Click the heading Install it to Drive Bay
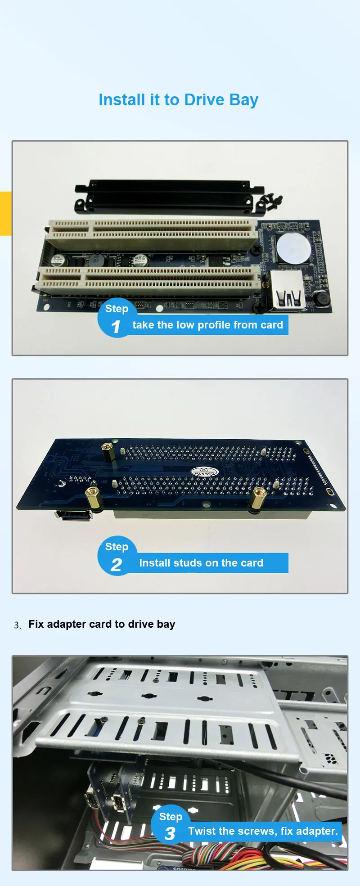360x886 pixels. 178,100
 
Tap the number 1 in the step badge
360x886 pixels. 116,327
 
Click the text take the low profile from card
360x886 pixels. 207,325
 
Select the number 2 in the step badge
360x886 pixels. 116,565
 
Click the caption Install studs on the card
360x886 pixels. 201,563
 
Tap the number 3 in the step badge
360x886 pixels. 170,834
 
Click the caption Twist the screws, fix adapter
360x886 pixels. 263,831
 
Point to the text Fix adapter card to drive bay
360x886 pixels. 102,624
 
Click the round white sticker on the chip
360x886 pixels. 293,247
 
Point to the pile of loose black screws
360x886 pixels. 272,202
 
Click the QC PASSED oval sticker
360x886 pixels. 205,472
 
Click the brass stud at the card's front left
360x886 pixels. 93,498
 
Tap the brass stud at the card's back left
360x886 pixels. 108,451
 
